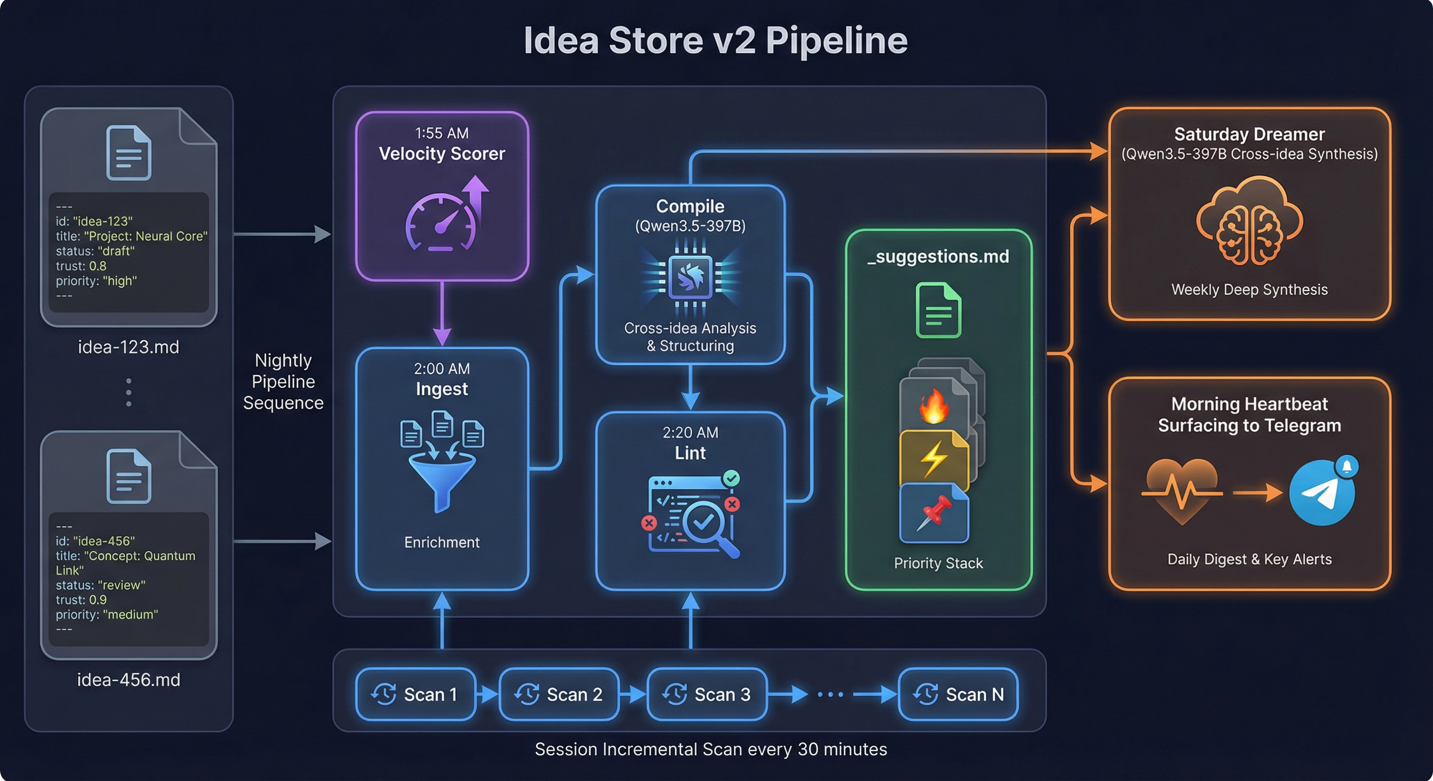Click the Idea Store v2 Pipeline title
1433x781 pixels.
[x=715, y=41]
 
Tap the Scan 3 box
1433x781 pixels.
[x=707, y=694]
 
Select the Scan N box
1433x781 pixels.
[x=958, y=694]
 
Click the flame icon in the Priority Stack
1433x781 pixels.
[x=933, y=406]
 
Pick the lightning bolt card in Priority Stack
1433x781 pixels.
[x=933, y=459]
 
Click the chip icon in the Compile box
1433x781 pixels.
[x=691, y=277]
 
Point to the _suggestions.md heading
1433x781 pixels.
[x=938, y=256]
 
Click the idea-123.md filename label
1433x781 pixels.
[x=129, y=347]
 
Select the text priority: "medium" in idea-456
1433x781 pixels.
[x=106, y=614]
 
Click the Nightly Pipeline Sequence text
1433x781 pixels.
[x=283, y=381]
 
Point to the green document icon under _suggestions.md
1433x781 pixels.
[x=938, y=310]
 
